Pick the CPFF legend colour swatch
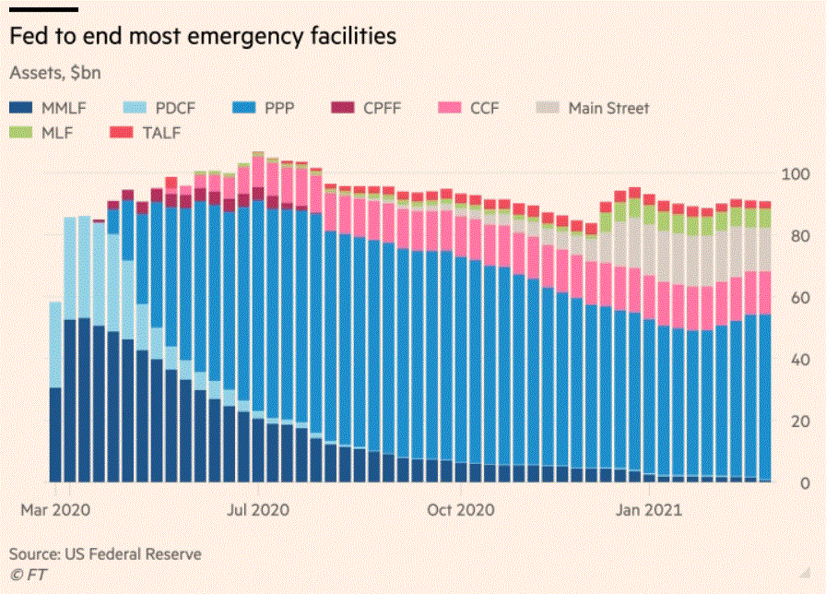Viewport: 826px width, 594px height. point(341,108)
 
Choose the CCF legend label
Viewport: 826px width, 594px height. point(484,108)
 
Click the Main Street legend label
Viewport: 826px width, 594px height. point(608,108)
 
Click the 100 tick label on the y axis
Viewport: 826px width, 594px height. point(796,174)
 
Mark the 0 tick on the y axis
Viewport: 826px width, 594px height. point(805,483)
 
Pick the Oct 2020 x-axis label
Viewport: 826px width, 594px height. point(461,509)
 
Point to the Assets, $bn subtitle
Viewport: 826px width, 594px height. point(54,72)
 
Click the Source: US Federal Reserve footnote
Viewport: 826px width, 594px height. point(105,554)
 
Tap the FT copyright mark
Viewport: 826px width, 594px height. point(28,575)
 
